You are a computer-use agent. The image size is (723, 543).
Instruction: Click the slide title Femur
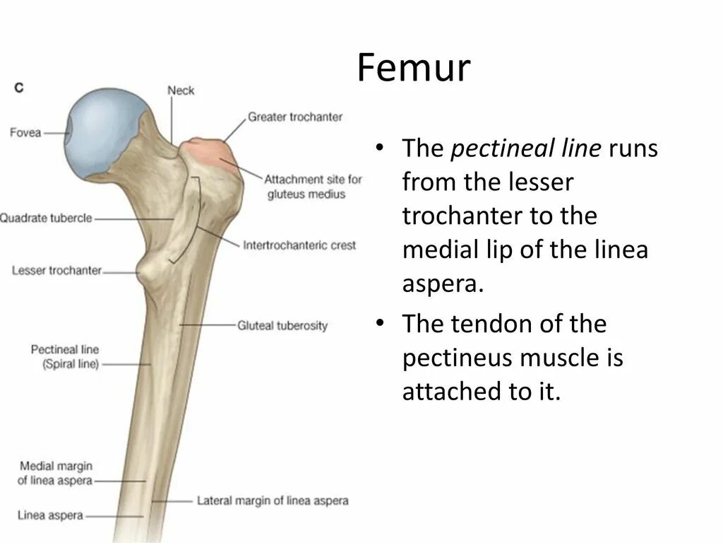(x=413, y=69)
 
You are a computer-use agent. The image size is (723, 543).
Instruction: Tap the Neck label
(x=181, y=90)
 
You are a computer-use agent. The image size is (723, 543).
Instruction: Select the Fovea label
(x=26, y=132)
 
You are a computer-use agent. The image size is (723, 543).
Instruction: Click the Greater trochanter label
(x=294, y=117)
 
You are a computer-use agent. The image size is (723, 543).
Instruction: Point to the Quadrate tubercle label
(x=47, y=218)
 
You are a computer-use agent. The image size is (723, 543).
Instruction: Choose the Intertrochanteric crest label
(x=299, y=245)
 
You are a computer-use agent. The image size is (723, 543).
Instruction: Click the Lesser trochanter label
(x=57, y=271)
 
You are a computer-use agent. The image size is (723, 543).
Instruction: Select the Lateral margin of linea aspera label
(x=273, y=501)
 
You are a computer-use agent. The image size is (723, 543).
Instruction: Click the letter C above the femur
(x=19, y=88)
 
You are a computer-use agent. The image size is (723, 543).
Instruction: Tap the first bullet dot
(x=380, y=149)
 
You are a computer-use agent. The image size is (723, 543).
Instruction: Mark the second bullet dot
(x=380, y=325)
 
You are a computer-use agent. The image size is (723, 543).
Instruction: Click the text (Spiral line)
(x=65, y=364)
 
